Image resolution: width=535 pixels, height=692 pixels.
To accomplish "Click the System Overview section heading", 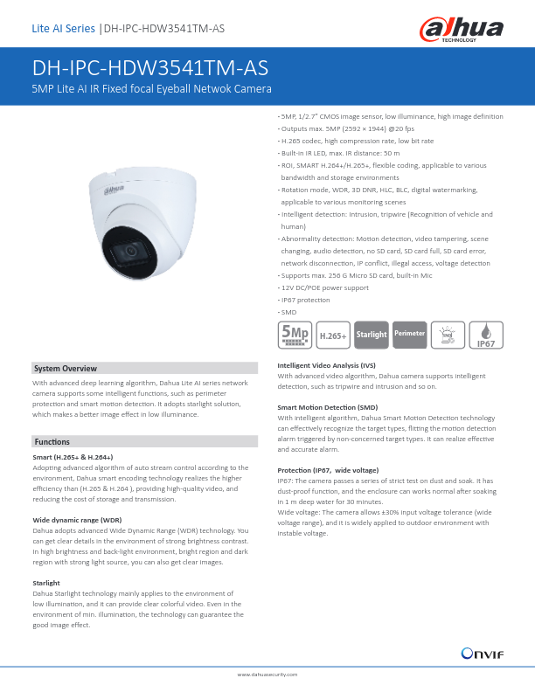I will tap(65, 369).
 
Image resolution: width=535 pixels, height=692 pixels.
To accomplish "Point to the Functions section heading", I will tap(52, 441).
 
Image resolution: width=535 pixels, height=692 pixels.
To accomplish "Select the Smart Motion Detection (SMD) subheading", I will tap(327, 408).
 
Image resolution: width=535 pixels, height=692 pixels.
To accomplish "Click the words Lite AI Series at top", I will tap(63, 29).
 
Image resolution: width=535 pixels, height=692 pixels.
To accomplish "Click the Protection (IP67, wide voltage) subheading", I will tap(328, 470).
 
